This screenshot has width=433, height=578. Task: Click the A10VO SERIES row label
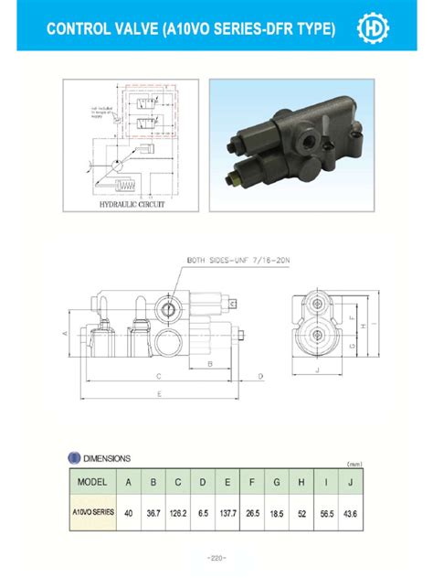click(x=93, y=513)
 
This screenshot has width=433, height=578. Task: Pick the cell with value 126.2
click(x=178, y=514)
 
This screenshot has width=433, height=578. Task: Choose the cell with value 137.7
click(x=227, y=514)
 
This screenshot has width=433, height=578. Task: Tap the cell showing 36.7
click(x=153, y=514)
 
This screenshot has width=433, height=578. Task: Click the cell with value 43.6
click(x=351, y=514)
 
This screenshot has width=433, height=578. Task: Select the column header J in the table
click(x=351, y=483)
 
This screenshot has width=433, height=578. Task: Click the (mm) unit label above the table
click(x=355, y=465)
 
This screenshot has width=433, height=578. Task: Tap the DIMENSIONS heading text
click(x=106, y=458)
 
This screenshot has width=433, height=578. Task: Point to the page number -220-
click(x=216, y=557)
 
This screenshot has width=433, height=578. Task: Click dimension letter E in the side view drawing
click(x=159, y=394)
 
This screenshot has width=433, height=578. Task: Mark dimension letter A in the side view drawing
click(x=66, y=334)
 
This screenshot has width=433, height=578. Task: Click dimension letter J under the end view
click(x=315, y=370)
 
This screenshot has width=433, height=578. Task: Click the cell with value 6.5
click(x=203, y=514)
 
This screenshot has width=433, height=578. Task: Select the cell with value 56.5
click(x=326, y=514)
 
